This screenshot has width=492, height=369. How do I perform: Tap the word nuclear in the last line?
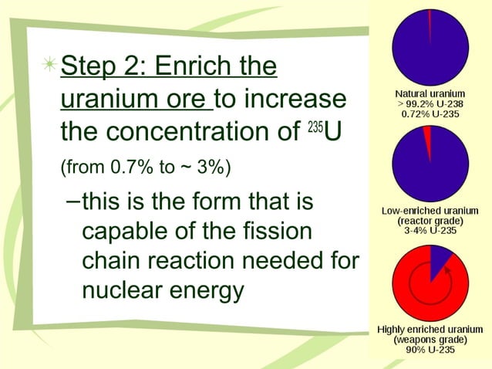pyautogui.click(x=123, y=291)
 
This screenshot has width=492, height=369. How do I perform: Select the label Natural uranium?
pyautogui.click(x=429, y=95)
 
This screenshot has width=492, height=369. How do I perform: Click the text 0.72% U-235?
pyautogui.click(x=429, y=113)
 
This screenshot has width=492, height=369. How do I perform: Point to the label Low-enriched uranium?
pyautogui.click(x=429, y=210)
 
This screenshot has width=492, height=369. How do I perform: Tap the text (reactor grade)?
pyautogui.click(x=429, y=219)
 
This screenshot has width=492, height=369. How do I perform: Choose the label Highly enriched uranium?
pyautogui.click(x=429, y=330)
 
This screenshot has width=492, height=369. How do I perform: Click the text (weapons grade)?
pyautogui.click(x=429, y=340)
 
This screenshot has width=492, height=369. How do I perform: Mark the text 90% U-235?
pyautogui.click(x=429, y=350)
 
